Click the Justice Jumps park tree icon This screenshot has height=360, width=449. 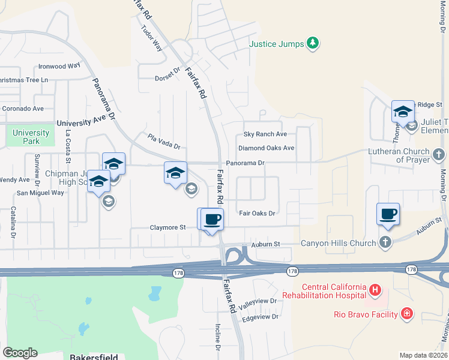[x=312, y=43]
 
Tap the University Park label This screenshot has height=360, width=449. [x=31, y=137]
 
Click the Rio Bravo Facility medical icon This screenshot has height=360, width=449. [x=407, y=313]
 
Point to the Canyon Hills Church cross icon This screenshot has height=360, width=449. [x=385, y=242]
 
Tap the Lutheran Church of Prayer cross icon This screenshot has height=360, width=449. [x=439, y=155]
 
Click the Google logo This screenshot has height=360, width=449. [x=20, y=353]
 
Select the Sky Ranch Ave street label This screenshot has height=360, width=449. [x=265, y=134]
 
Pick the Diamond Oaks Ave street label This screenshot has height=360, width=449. [x=266, y=148]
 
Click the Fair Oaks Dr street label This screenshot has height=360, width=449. [x=256, y=213]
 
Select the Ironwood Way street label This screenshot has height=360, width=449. [x=59, y=66]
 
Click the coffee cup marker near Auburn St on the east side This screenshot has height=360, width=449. [x=388, y=214]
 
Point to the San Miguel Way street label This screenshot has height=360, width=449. [x=40, y=193]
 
